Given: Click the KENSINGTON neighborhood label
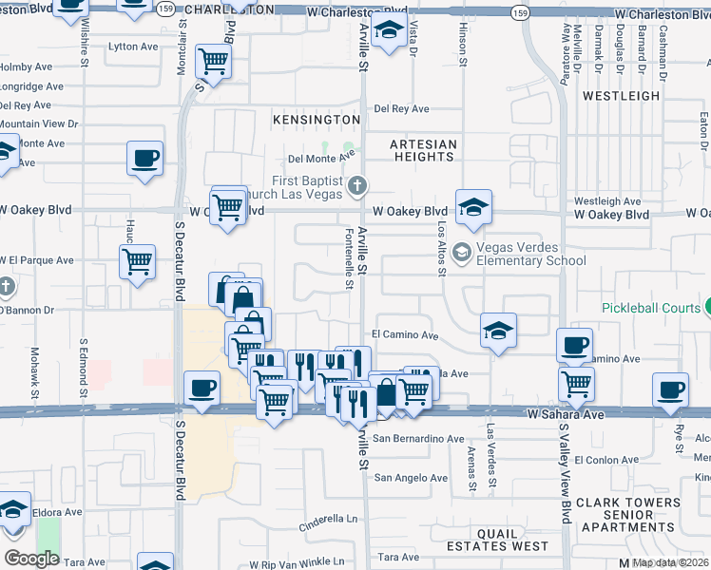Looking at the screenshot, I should pos(317,120).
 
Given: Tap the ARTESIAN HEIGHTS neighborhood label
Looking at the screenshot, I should pos(424,153).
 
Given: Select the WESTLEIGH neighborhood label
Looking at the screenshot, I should pos(621,96).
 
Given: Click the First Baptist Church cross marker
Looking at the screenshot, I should pos(357,184).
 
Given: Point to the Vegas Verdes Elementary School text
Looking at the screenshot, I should pos(530,254).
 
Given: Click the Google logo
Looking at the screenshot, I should pos(31,558).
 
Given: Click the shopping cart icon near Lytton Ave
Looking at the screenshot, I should pos(214,62).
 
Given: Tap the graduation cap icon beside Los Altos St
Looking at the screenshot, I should pos(472,206).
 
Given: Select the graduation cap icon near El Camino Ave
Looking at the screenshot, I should pos(498,330).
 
